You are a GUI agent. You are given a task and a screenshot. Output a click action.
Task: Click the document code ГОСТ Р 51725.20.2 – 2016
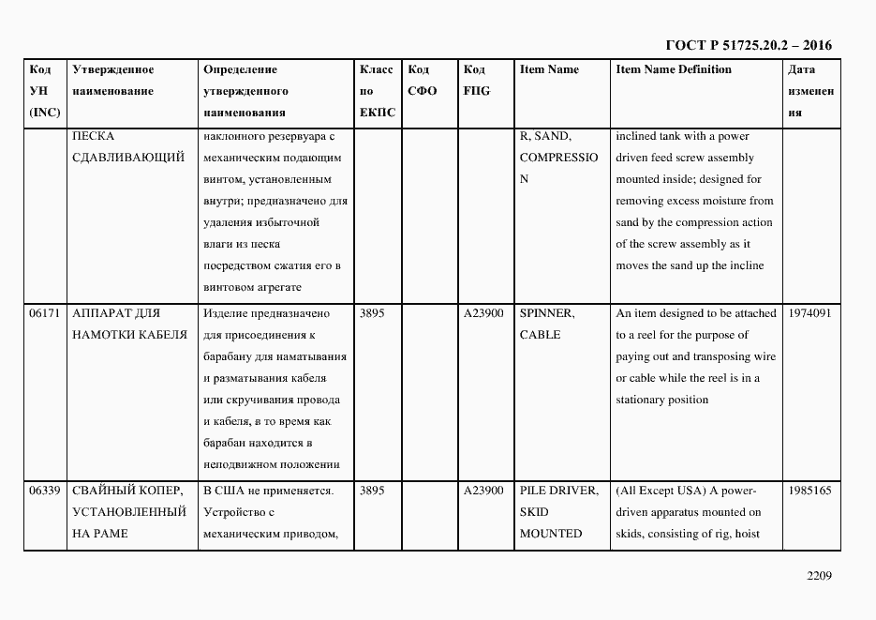[x=748, y=45]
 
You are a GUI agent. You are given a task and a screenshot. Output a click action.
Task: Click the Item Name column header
[x=549, y=69]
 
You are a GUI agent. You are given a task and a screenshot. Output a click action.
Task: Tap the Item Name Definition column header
[x=674, y=69]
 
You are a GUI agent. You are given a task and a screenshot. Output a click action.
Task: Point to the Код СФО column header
[x=422, y=81]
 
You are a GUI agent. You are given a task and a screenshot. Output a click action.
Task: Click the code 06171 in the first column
[x=44, y=313]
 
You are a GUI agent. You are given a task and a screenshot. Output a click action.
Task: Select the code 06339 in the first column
[x=44, y=491]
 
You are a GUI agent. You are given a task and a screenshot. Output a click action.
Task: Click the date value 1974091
[x=809, y=313]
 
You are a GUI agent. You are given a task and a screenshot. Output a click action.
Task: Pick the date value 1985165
[x=809, y=491]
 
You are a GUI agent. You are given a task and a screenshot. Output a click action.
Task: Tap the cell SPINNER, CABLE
[x=547, y=324]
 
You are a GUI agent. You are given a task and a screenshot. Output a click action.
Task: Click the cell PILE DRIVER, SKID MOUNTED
[x=558, y=512]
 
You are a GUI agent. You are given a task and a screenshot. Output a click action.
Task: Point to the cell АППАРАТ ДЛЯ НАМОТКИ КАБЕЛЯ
[x=129, y=324]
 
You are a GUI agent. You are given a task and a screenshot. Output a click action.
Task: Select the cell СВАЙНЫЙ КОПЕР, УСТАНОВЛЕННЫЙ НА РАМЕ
[x=129, y=512]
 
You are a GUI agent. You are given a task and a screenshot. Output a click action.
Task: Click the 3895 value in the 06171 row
[x=372, y=313]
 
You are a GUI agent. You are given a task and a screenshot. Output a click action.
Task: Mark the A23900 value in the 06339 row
[x=483, y=491]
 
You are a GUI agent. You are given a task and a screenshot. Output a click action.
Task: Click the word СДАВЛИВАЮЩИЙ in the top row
[x=128, y=158]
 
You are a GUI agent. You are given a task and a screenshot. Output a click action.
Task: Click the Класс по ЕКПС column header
[x=377, y=91]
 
